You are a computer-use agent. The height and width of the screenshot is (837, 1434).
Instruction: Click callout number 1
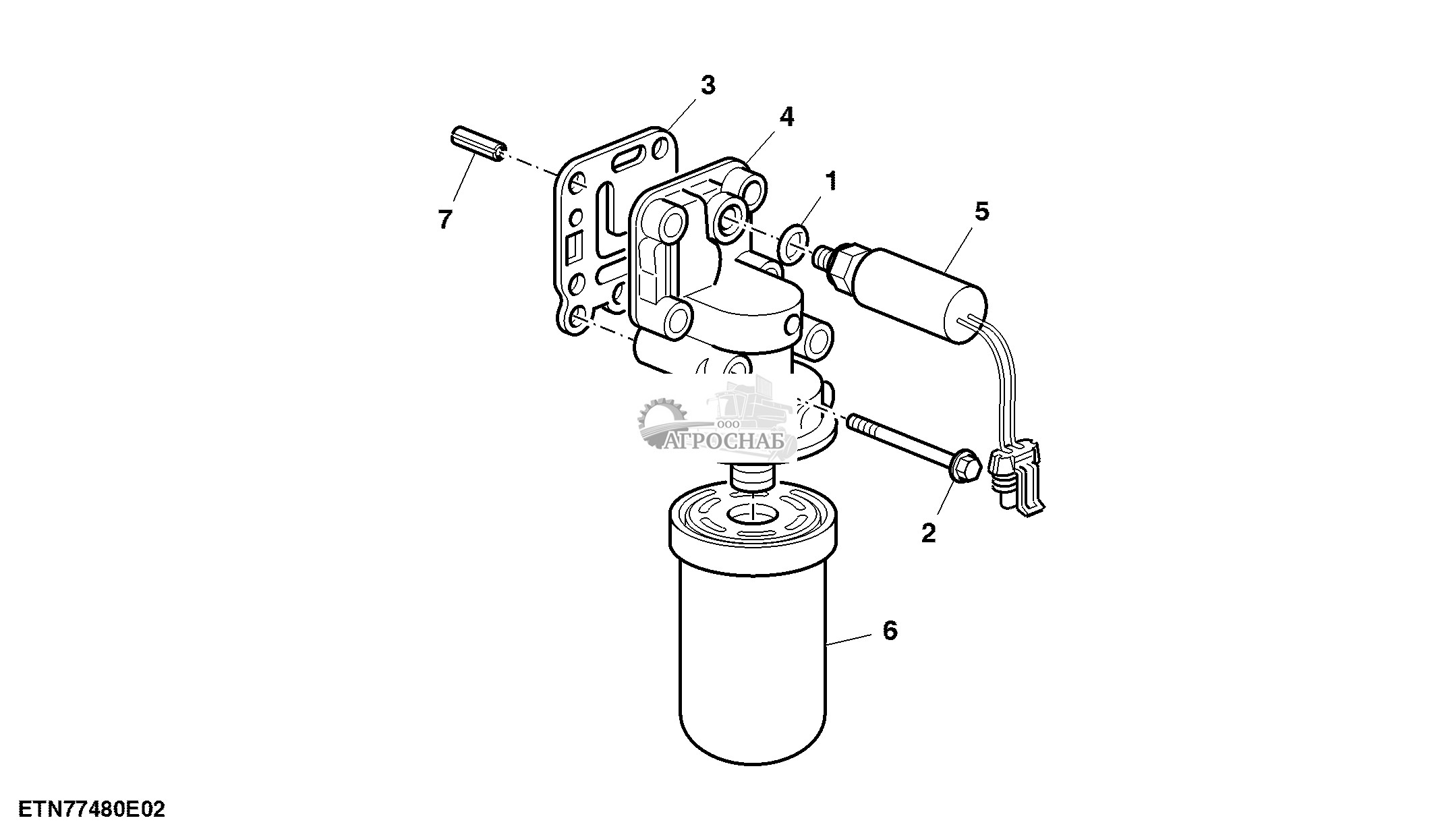[x=832, y=181]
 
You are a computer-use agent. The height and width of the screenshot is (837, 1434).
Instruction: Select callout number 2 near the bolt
[x=929, y=533]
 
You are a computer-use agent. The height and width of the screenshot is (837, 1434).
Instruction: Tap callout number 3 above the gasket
[x=708, y=86]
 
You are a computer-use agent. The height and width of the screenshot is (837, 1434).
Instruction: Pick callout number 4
[x=786, y=117]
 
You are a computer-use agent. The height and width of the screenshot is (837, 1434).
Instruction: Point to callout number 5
[x=981, y=211]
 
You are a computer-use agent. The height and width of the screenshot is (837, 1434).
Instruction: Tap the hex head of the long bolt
[x=964, y=466]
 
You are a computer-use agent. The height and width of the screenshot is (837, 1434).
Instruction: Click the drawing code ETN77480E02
[x=92, y=809]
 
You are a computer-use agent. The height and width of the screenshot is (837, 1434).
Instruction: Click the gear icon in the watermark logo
[x=661, y=422]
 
